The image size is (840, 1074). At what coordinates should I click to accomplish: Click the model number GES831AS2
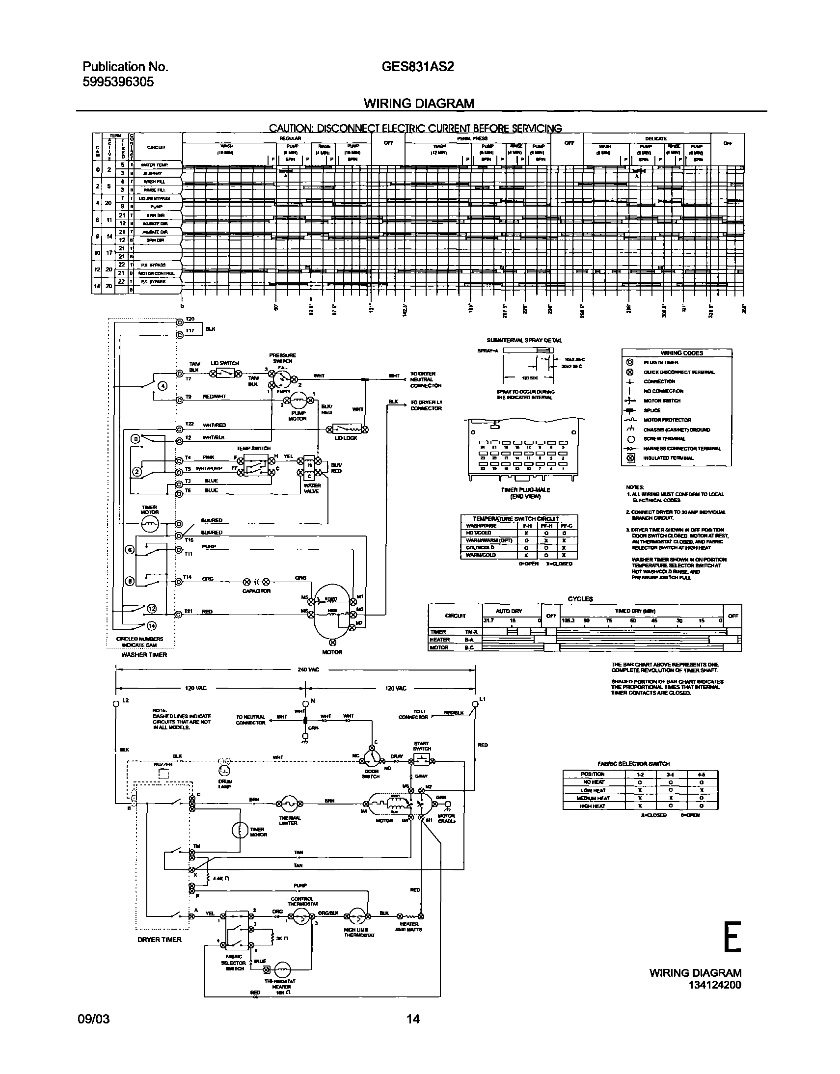(x=417, y=67)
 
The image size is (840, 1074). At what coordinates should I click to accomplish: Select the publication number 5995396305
(x=118, y=81)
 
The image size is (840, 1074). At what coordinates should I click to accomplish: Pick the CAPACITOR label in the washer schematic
(x=256, y=591)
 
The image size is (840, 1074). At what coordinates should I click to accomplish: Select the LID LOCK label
(x=346, y=438)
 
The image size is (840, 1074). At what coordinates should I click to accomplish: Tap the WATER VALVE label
(x=312, y=488)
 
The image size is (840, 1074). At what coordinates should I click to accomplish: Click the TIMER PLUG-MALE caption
(x=525, y=490)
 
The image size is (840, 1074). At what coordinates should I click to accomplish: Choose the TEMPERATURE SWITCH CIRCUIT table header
(x=515, y=518)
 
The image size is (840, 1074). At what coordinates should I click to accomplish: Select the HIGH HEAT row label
(x=593, y=806)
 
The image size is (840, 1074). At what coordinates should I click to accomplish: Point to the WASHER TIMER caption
(x=144, y=655)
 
